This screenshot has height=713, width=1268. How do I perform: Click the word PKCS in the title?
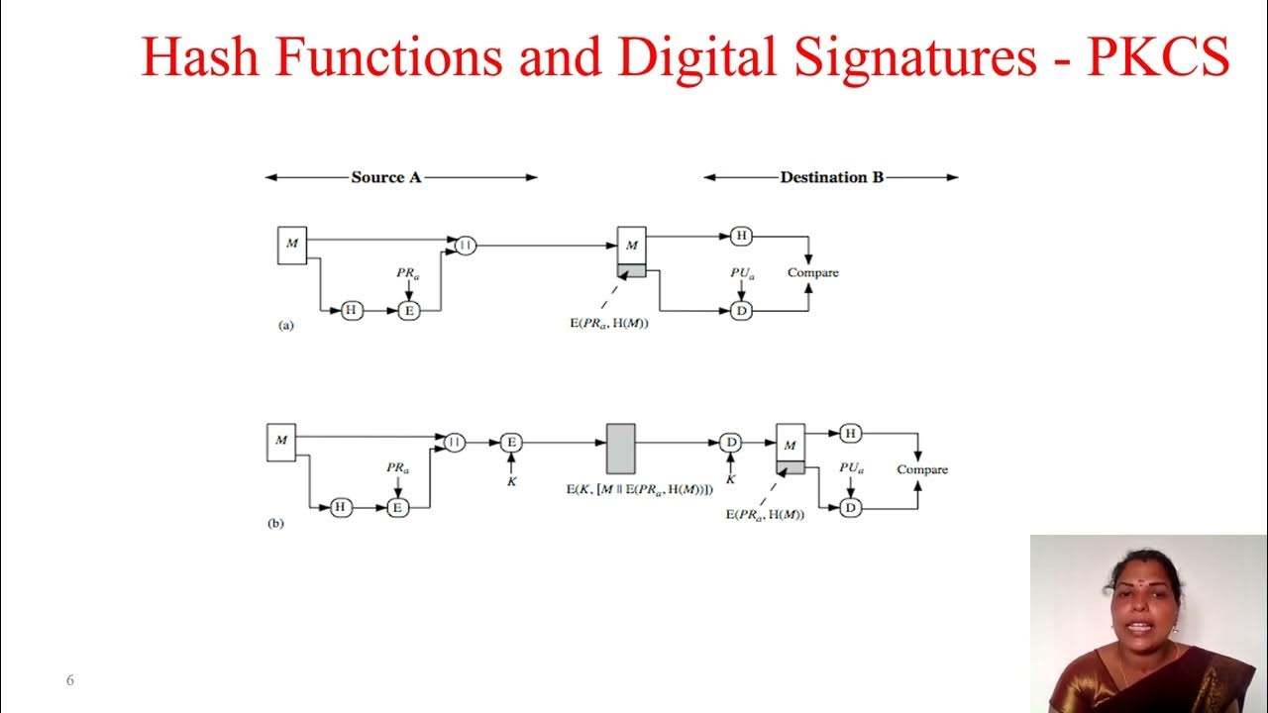point(1158,58)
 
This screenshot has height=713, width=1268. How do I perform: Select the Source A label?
point(386,177)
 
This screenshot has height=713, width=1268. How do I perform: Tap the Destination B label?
point(831,177)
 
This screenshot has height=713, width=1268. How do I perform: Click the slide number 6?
point(70,680)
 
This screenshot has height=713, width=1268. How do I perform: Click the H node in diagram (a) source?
point(351,311)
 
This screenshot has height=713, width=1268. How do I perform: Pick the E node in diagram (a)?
point(408,311)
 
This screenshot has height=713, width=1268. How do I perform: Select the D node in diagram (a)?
point(740,311)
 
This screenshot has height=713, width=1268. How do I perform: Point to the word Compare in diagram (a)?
point(812,272)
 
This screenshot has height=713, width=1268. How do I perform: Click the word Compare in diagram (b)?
point(922,469)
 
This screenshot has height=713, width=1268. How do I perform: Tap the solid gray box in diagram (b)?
point(620,449)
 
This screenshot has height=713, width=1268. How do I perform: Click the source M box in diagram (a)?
point(292,245)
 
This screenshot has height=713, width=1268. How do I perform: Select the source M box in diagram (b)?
point(281,442)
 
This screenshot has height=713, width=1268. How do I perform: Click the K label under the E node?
point(511,480)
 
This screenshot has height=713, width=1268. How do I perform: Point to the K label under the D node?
point(731,479)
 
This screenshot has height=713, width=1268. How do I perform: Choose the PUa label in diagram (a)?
point(742,272)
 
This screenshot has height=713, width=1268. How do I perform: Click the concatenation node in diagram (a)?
point(466,245)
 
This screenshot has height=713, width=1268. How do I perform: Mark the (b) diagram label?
point(275,523)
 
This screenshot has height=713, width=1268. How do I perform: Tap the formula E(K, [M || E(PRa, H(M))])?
point(639,489)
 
